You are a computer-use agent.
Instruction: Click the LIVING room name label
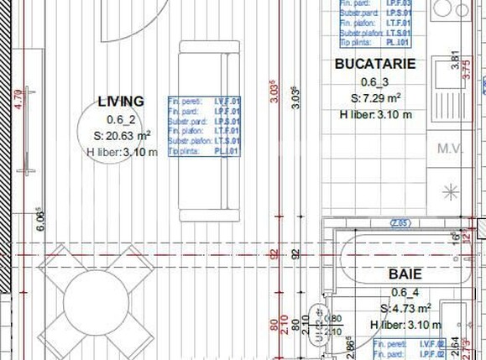coord(121,101)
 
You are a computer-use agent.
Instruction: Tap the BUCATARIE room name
coord(374,64)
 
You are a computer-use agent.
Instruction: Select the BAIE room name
coord(405,274)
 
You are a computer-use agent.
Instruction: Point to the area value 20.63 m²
coord(123,135)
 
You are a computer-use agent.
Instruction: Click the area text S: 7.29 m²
coord(375,98)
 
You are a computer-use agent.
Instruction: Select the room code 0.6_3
coord(374,81)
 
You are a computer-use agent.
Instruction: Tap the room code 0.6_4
coord(404,292)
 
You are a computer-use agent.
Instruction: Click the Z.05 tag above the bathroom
coord(400,222)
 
